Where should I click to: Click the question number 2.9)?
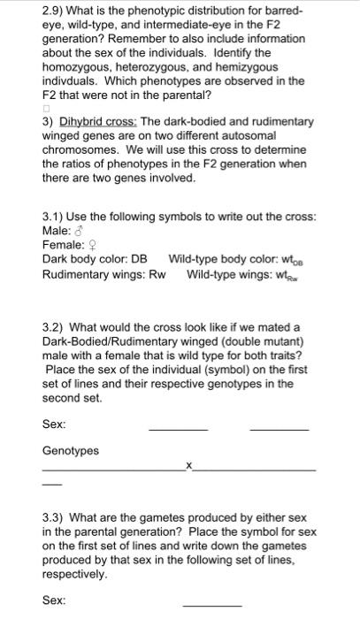pos(54,11)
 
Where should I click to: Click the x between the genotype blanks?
pos(188,464)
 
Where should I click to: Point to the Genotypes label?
pos(71,451)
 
